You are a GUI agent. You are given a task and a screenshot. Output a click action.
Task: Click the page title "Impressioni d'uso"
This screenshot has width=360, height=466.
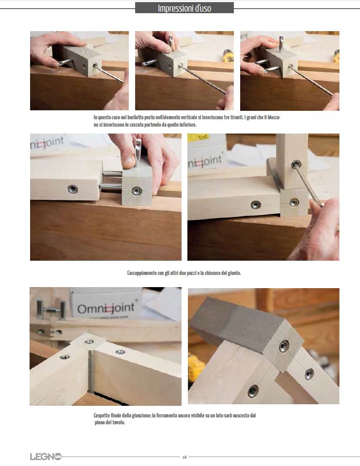184,8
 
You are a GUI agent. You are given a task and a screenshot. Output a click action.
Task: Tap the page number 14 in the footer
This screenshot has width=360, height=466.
184,457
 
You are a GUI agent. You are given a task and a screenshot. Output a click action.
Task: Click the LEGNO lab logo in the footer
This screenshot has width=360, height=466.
45,457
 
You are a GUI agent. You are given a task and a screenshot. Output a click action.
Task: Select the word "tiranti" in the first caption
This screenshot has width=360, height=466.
237,117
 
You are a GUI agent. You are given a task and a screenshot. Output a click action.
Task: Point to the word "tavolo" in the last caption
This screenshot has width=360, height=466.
118,422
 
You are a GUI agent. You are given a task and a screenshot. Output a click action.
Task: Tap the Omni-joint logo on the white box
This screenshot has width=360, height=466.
106,308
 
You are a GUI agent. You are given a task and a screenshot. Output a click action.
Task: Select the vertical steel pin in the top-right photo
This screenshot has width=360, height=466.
281,43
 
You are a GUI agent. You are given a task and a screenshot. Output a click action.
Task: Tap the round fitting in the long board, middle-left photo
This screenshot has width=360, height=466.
72,189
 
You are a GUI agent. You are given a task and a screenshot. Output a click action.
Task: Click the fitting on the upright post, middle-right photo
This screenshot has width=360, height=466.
296,164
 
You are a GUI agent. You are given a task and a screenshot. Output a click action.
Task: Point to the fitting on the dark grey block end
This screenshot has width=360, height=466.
283,346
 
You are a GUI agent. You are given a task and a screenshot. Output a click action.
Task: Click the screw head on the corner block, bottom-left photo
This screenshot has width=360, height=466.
89,341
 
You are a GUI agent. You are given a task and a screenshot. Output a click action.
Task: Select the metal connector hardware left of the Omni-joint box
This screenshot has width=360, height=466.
51,310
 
